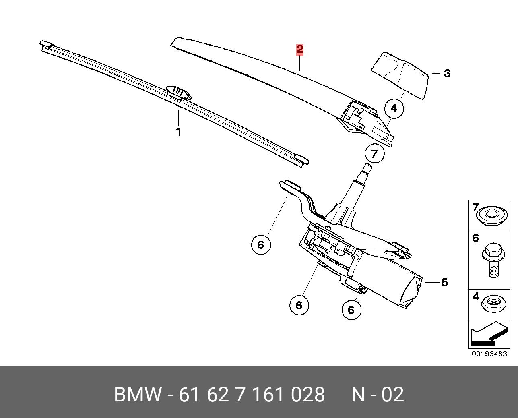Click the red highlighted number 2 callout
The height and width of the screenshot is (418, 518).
pyautogui.click(x=300, y=50)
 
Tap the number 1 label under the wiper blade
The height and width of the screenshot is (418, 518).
pyautogui.click(x=179, y=132)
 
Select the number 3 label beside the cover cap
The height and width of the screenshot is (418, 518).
pyautogui.click(x=447, y=73)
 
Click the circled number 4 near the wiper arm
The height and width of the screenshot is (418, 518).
pyautogui.click(x=394, y=108)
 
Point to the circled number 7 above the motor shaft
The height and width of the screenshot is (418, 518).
pyautogui.click(x=375, y=153)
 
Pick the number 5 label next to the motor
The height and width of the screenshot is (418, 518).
pyautogui.click(x=444, y=282)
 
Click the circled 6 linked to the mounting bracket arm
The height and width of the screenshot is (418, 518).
pyautogui.click(x=261, y=245)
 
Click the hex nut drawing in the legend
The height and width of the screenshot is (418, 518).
pyautogui.click(x=493, y=305)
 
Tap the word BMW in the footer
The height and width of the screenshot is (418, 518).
pyautogui.click(x=137, y=395)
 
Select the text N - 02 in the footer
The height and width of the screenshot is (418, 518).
pyautogui.click(x=378, y=395)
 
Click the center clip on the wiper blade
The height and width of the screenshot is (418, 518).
pyautogui.click(x=179, y=93)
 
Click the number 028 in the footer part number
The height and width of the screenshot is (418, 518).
pyautogui.click(x=308, y=395)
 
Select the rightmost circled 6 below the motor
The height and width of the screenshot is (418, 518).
pyautogui.click(x=351, y=310)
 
